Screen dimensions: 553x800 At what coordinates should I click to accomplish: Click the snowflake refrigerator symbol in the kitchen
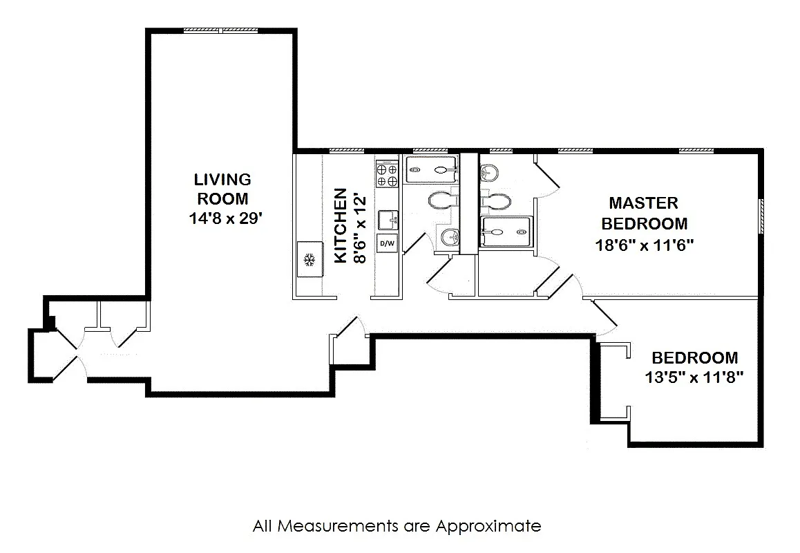coord(310,260)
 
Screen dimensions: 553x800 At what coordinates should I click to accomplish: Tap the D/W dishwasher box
coord(387,243)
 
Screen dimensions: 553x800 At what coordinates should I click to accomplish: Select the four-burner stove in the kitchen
coord(387,174)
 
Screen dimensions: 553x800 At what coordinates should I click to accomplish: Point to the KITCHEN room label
coord(341,226)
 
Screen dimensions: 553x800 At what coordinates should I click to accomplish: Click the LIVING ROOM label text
coord(222,189)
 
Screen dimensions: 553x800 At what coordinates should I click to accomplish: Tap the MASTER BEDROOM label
coord(644,213)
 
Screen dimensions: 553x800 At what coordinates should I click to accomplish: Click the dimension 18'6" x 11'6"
coord(644,244)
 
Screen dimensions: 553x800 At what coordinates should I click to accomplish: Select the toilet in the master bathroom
coord(498,200)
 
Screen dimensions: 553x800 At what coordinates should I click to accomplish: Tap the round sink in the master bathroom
coord(489,171)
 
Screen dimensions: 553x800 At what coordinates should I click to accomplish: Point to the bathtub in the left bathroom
coord(431,168)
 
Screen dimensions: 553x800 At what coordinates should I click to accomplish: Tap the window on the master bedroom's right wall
coord(761,216)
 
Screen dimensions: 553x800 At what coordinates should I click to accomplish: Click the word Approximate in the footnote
coord(488,526)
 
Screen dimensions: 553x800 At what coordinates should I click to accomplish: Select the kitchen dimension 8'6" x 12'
coord(359,226)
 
